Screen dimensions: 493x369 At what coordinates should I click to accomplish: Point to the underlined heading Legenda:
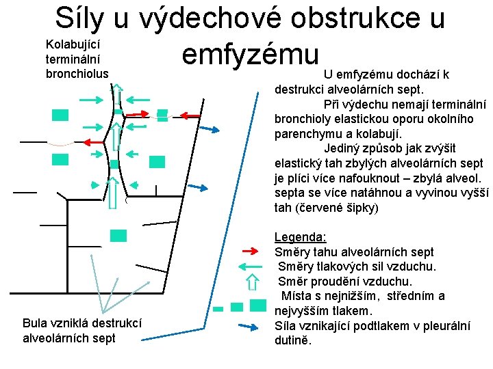pyautogui.click(x=300, y=237)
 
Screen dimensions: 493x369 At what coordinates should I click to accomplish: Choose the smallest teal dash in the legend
pyautogui.click(x=218, y=309)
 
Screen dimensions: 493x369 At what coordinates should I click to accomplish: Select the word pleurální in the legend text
pyautogui.click(x=446, y=326)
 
